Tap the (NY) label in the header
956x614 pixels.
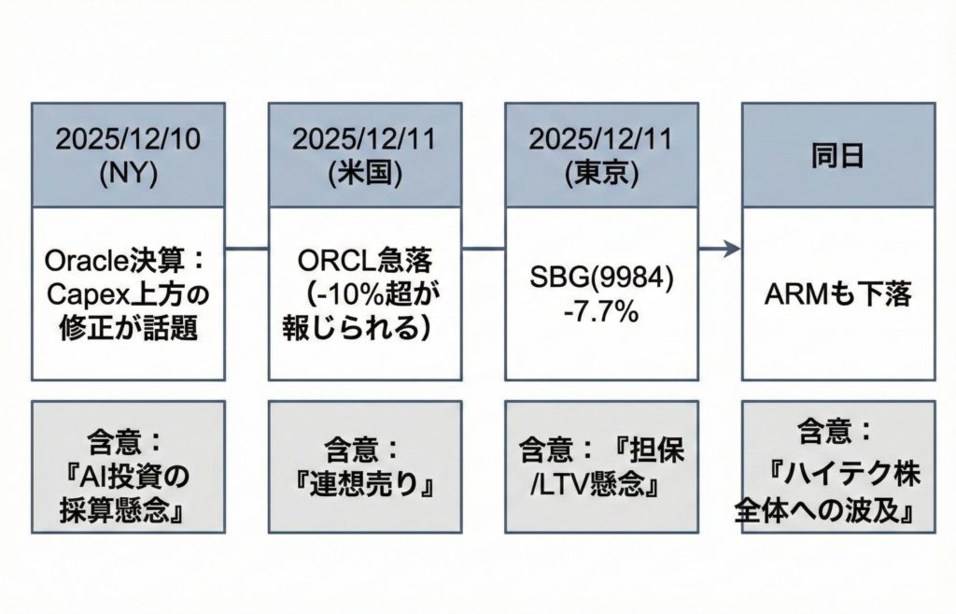coord(127,176)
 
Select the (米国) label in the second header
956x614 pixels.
coord(364,176)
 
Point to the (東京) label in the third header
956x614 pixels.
coord(600,176)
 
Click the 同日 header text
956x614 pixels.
coord(836,156)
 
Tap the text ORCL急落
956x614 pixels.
coord(364,259)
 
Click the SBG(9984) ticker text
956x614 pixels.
coord(600,277)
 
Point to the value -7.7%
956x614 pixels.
coord(600,312)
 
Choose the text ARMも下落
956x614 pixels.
coord(836,294)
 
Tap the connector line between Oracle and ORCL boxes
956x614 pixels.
coord(246,249)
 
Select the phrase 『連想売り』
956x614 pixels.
coord(365,486)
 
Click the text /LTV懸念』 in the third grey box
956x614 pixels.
coord(600,486)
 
